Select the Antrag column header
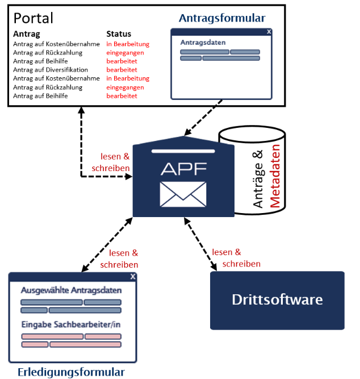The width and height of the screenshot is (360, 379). pos(26,34)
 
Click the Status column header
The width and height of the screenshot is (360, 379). pos(119,34)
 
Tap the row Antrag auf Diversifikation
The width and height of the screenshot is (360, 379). pos(52,70)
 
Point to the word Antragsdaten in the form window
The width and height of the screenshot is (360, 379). pos(203,43)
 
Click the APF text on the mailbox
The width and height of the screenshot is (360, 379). pos(183,169)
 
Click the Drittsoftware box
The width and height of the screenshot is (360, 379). pos(277,300)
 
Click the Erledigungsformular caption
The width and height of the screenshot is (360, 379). pos(71,372)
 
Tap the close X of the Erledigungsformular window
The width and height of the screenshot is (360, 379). pos(132,276)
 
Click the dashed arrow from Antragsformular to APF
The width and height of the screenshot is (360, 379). pos(203,120)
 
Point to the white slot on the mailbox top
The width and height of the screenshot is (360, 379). pos(183,151)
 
